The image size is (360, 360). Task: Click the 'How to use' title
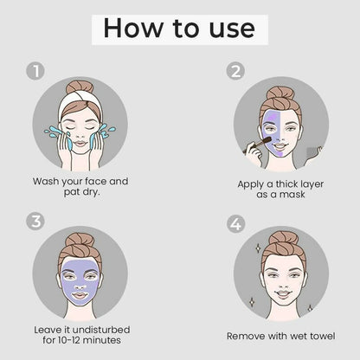tap(179, 28)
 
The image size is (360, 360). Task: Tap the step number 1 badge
tap(35, 71)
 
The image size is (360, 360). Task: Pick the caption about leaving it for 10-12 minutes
tap(80, 334)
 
